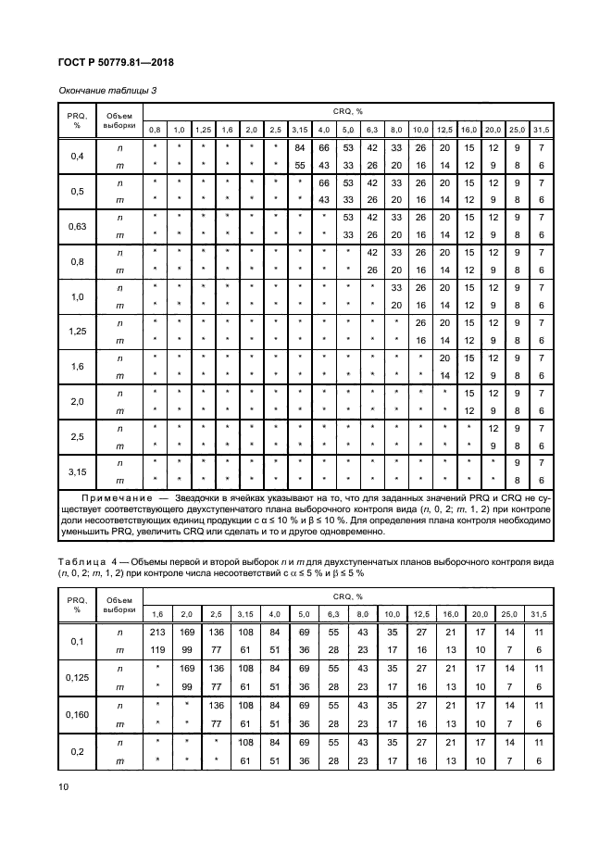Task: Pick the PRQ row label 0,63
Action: tap(77, 225)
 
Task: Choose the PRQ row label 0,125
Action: tap(77, 676)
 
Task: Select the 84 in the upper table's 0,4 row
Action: tap(299, 147)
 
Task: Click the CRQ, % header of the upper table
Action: tap(347, 110)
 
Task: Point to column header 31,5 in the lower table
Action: tap(537, 614)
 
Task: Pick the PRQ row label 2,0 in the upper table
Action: tap(77, 400)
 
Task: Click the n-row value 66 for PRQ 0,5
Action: tap(324, 182)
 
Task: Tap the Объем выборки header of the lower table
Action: tap(119, 605)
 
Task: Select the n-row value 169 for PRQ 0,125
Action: tap(187, 668)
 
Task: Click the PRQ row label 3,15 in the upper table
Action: tap(77, 471)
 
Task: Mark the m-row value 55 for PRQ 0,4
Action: tap(299, 165)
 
